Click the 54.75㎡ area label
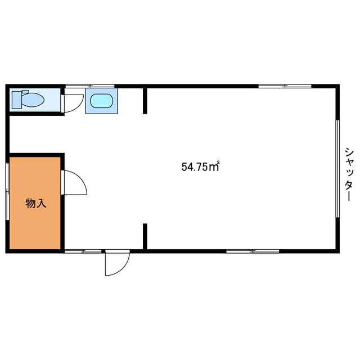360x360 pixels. click(x=200, y=166)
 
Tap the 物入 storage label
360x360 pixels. click(x=36, y=203)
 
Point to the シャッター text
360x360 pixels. click(x=348, y=174)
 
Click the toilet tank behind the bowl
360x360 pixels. click(x=16, y=100)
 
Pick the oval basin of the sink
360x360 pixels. click(x=101, y=101)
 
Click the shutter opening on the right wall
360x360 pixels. click(x=337, y=169)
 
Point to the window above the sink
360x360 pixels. click(x=90, y=86)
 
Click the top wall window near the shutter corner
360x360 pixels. click(x=285, y=86)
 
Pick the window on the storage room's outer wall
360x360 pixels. click(x=7, y=191)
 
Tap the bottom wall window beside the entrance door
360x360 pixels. click(x=83, y=251)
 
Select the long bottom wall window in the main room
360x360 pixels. click(x=253, y=251)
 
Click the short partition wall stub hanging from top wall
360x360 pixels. click(x=145, y=101)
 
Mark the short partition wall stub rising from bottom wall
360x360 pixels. click(x=145, y=236)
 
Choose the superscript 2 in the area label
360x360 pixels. click(x=218, y=163)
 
